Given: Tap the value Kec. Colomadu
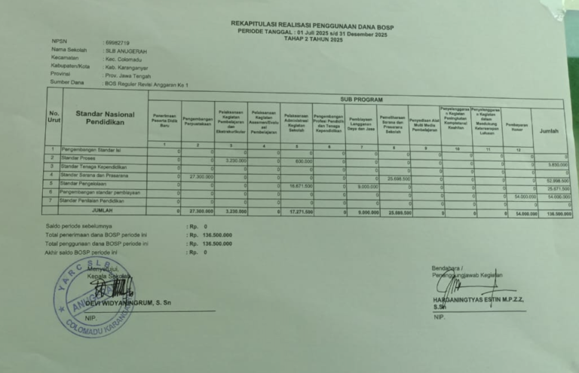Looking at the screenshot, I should (x=125, y=59).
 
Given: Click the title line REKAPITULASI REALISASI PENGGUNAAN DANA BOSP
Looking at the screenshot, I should (x=312, y=24).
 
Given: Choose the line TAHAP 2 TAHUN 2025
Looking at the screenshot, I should (x=313, y=38).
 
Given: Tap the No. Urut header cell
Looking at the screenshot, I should (x=54, y=117).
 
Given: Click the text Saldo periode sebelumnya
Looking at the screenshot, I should (x=75, y=226).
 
